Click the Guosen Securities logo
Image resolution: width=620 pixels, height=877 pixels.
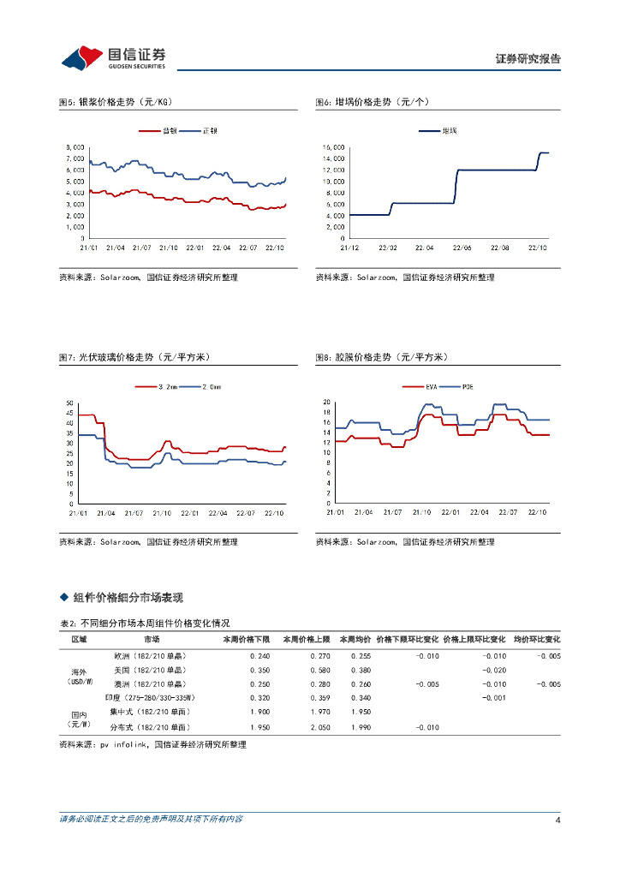coord(112,57)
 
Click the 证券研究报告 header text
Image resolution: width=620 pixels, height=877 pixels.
coord(528,59)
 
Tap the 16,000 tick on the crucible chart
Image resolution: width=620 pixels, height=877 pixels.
coord(333,147)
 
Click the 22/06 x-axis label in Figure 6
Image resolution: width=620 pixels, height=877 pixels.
coord(462,248)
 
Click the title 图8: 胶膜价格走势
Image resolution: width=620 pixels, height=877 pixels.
coord(380,357)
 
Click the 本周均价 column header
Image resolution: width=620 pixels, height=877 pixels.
coord(355,640)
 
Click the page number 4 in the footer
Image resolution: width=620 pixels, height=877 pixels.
coord(557,820)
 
